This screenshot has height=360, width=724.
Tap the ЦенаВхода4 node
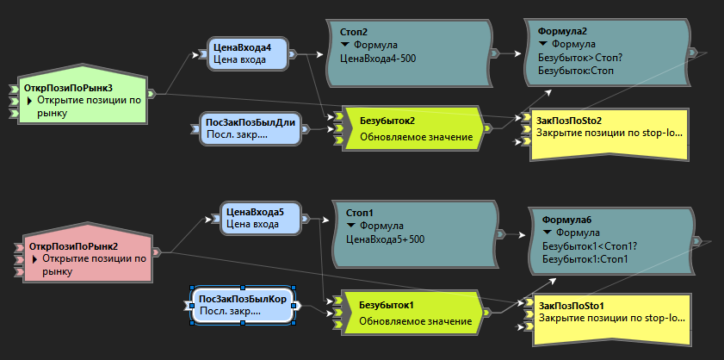point(246,53)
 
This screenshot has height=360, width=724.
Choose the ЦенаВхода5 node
point(259,218)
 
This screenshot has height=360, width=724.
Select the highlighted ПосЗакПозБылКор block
point(243,305)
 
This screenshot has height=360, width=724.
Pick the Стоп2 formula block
point(408,53)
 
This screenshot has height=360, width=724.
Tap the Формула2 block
point(610,53)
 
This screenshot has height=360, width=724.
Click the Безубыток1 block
point(409,313)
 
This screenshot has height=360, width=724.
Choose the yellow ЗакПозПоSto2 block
point(605,134)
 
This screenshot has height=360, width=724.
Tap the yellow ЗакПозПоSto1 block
point(608,320)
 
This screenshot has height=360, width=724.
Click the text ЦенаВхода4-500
point(378,59)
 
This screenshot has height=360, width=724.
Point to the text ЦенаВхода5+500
point(385,239)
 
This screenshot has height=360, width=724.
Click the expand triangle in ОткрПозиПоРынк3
point(29,101)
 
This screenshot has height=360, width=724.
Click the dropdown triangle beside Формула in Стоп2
point(344,45)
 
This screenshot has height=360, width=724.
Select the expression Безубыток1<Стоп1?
point(585,246)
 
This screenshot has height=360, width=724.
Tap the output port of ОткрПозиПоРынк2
point(156,252)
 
